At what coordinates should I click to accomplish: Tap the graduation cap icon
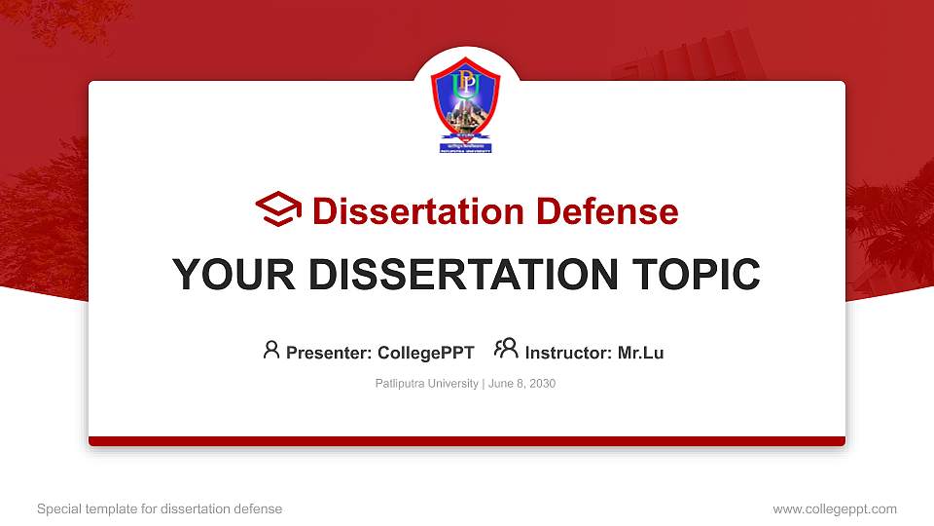279,209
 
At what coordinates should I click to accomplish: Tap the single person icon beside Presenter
271,350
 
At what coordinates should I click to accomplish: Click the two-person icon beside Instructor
506,349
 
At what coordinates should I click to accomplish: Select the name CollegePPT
425,353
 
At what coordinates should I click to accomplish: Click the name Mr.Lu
640,353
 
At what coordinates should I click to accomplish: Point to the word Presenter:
329,353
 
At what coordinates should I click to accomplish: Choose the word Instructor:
568,353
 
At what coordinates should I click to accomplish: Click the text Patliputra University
426,384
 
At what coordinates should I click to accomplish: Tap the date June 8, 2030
522,384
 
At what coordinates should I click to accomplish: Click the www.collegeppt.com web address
834,508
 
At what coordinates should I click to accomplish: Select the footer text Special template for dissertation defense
160,508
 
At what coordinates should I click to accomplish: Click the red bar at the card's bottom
466,441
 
